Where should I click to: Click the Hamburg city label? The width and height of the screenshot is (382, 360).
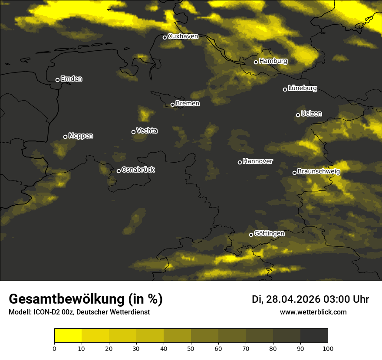click(273, 61)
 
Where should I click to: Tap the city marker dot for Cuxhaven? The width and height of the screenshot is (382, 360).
click(165, 37)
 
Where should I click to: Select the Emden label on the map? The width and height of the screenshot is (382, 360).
click(71, 79)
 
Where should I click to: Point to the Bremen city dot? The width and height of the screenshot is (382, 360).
click(172, 105)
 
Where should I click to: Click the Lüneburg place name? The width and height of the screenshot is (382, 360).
click(302, 88)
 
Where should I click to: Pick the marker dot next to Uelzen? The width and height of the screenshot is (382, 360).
click(298, 115)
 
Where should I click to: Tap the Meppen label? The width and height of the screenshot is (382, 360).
click(81, 136)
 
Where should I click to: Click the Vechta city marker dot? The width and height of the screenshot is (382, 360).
click(133, 132)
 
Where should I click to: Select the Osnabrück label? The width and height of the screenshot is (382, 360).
click(138, 170)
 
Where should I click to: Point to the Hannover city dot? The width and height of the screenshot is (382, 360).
click(240, 162)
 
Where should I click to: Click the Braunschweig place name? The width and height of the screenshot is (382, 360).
click(319, 172)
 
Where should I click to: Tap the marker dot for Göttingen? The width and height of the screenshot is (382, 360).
click(251, 235)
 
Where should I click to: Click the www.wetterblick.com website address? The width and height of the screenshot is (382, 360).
click(313, 312)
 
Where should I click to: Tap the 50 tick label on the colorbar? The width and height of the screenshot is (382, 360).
click(191, 348)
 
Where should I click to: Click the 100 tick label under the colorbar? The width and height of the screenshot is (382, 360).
click(328, 348)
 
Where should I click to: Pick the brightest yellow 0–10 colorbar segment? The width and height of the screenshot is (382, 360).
click(68, 336)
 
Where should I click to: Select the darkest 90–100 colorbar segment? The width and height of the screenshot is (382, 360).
click(314, 336)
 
